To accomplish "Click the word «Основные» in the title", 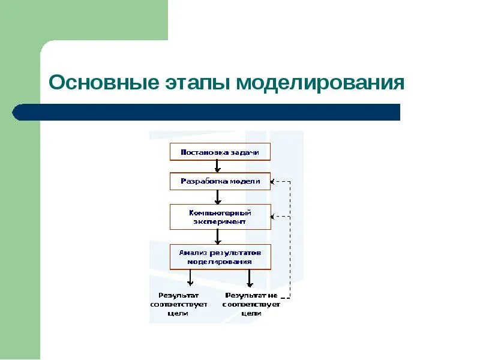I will tap(103, 83).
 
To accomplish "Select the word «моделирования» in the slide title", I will tap(320, 83).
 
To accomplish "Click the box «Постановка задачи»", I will tap(220, 152).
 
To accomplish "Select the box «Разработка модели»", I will tap(220, 181).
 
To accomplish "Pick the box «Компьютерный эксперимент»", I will tap(220, 217).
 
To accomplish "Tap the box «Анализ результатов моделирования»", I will tap(220, 257).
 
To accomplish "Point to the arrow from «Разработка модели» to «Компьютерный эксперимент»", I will tap(218, 197).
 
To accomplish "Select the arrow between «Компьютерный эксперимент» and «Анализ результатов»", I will tap(218, 236).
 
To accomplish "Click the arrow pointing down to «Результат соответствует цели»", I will tap(190, 278).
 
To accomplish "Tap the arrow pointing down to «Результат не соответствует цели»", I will tap(250, 278).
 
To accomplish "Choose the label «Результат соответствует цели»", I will tap(179, 304).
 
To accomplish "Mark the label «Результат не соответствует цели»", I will tap(251, 304).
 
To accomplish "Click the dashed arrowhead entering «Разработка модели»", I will tap(274, 181).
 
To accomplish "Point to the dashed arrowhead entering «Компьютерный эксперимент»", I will tap(274, 217).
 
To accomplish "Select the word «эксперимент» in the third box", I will tap(220, 221).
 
